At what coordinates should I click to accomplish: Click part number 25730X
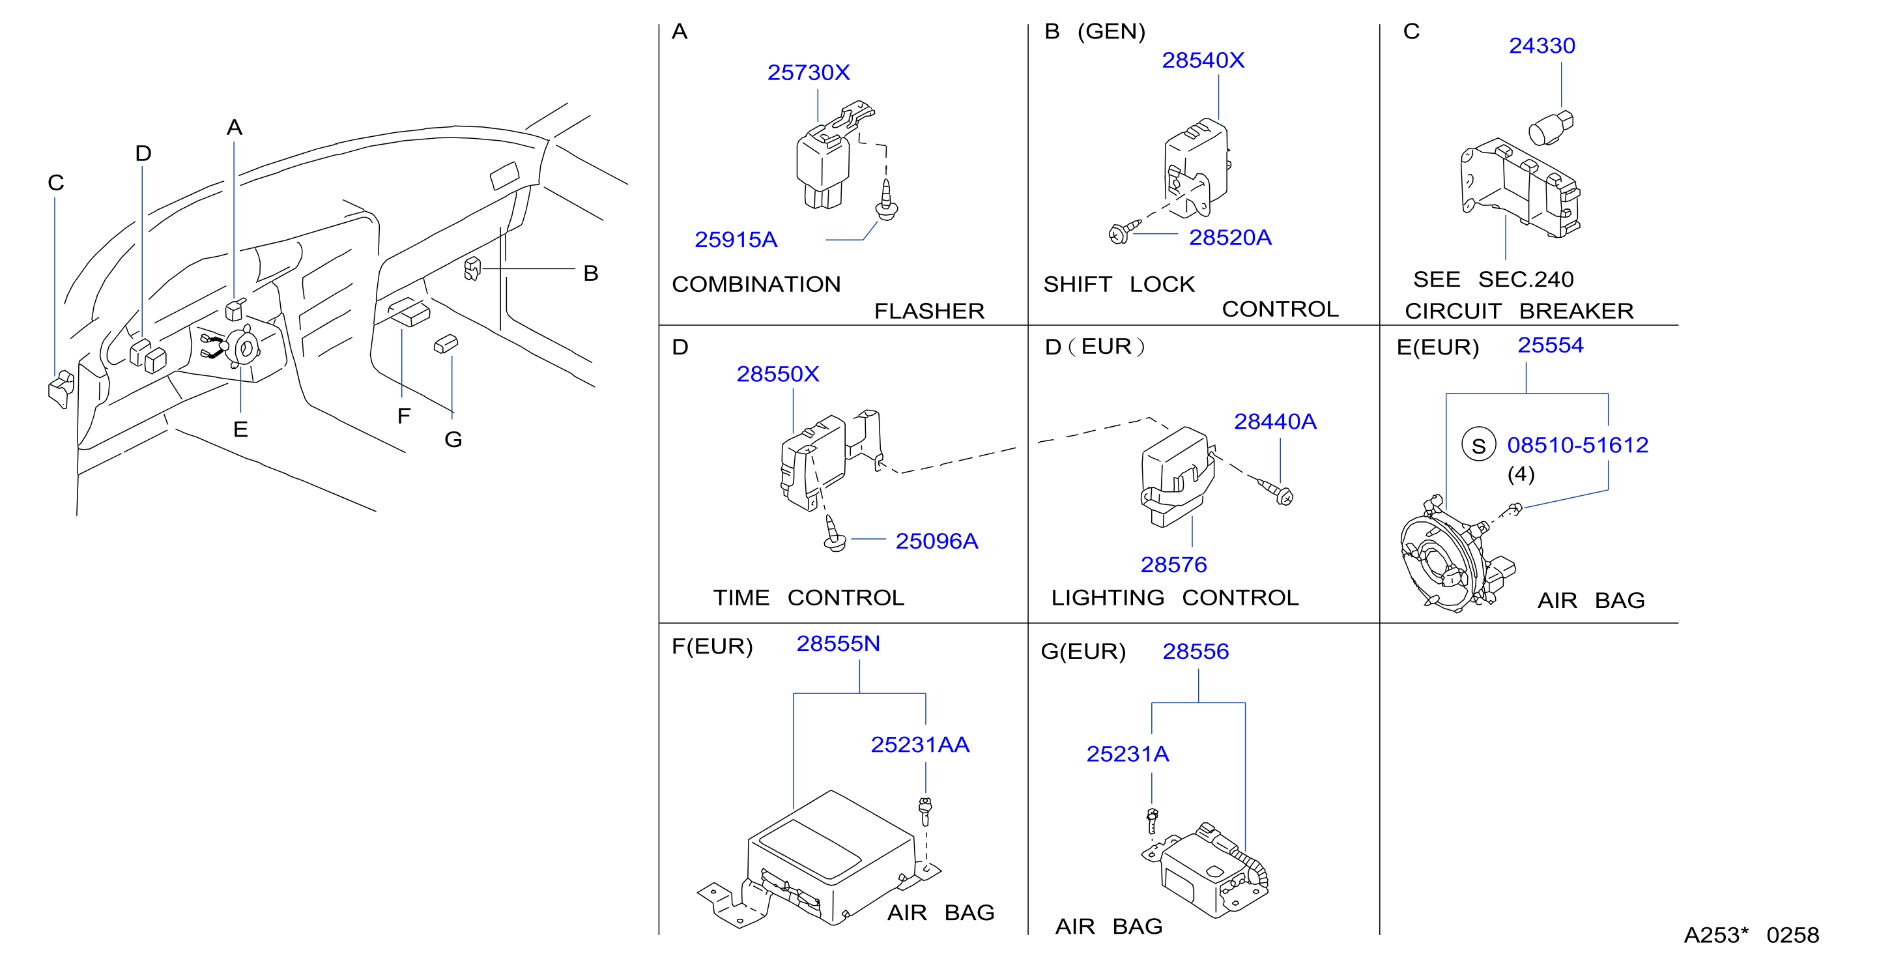coord(809,72)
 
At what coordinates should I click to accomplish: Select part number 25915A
coord(736,240)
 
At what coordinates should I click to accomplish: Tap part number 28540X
coord(1203,59)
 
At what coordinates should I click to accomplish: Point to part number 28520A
coord(1230,237)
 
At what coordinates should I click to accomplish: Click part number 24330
coord(1541,46)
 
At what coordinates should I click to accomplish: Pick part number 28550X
coord(778,374)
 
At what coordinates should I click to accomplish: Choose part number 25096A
coord(936,541)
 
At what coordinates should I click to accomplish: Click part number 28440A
coord(1275,421)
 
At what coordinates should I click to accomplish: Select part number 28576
coord(1173,564)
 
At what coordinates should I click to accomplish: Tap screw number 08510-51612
coord(1578,444)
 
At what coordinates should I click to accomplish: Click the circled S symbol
coord(1478,444)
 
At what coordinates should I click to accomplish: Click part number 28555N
coord(838,644)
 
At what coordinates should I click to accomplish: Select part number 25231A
coord(1127,754)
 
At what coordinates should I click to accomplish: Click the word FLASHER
coord(929,311)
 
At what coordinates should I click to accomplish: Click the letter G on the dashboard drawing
coord(453,439)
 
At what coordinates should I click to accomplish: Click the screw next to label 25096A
coord(835,534)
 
